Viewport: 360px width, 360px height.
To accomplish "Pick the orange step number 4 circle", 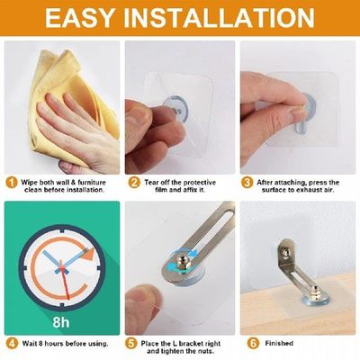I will [x=12, y=342].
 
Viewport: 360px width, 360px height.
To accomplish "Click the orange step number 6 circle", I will [x=252, y=342].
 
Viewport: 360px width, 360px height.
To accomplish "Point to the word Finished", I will [x=282, y=342].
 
